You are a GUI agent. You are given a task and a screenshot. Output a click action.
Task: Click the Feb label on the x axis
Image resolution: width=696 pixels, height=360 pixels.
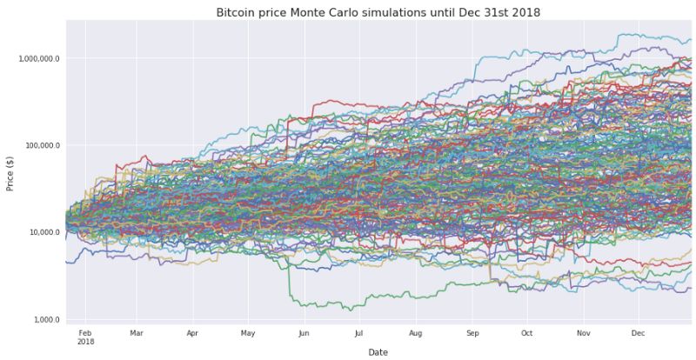click(85, 332)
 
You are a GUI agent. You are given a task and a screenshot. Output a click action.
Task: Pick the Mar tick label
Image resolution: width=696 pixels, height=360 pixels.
click(136, 332)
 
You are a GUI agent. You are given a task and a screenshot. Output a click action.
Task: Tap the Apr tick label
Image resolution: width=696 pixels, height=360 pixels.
click(192, 332)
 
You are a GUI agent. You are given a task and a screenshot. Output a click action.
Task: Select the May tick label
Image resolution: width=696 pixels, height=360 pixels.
click(248, 332)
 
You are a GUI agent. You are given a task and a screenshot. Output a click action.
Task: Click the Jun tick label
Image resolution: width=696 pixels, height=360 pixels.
click(303, 332)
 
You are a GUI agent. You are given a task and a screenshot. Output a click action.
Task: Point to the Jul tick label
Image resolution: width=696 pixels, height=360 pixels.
click(358, 332)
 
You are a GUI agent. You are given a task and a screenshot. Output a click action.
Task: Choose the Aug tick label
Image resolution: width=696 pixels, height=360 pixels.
click(415, 332)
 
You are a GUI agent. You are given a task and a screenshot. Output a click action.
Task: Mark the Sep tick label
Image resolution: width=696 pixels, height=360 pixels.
click(472, 332)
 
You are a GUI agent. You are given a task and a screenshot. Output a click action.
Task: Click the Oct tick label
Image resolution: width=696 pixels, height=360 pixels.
click(527, 332)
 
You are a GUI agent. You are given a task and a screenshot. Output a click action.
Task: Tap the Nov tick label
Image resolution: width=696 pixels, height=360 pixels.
click(584, 332)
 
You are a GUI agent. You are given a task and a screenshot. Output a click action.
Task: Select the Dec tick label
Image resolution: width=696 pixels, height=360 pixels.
click(638, 332)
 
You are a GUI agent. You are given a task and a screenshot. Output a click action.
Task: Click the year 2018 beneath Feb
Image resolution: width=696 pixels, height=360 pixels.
click(85, 341)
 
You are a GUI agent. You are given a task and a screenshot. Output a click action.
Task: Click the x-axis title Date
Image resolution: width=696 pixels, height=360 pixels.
click(378, 352)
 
